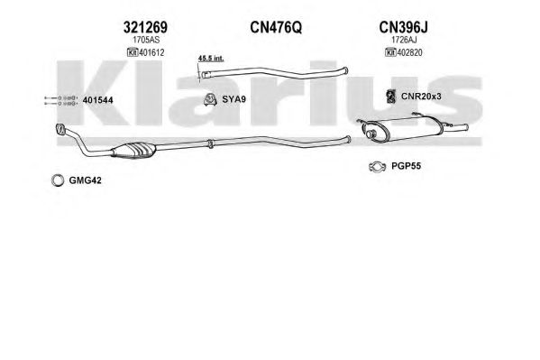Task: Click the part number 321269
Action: pyautogui.click(x=145, y=27)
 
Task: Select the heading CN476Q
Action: pyautogui.click(x=276, y=27)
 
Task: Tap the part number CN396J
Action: pyautogui.click(x=403, y=27)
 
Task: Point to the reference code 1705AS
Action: pyautogui.click(x=146, y=40)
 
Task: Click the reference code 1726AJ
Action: pyautogui.click(x=404, y=40)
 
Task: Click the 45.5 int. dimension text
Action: pyautogui.click(x=211, y=58)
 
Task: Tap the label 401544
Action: pyautogui.click(x=97, y=100)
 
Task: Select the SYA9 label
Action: pyautogui.click(x=233, y=99)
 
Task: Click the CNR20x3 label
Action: pyautogui.click(x=421, y=97)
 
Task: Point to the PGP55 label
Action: pyautogui.click(x=406, y=166)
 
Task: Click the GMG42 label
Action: pyautogui.click(x=85, y=180)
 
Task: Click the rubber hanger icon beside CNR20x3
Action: pyautogui.click(x=390, y=97)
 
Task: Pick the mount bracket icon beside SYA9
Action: pyautogui.click(x=209, y=99)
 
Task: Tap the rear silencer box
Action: pyautogui.click(x=402, y=129)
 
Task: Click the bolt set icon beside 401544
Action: pyautogui.click(x=59, y=100)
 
